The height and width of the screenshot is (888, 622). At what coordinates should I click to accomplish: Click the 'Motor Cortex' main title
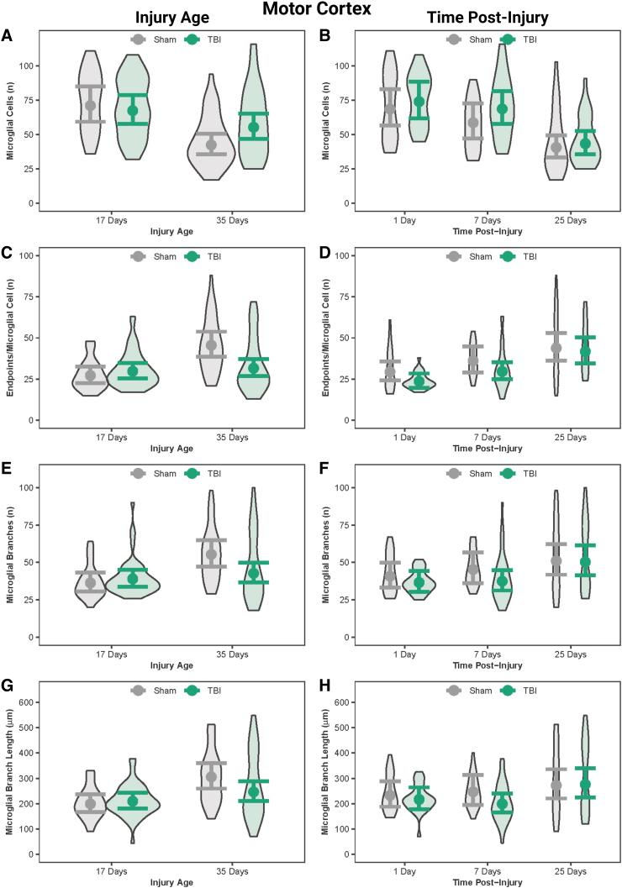(310, 10)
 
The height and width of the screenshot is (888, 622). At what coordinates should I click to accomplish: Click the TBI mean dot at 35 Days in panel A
(253, 127)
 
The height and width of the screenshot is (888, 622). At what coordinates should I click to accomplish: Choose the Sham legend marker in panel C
(140, 256)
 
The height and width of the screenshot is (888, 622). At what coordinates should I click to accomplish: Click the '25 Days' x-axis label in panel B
(572, 220)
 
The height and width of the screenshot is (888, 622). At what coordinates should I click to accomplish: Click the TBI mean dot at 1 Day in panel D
(419, 381)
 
